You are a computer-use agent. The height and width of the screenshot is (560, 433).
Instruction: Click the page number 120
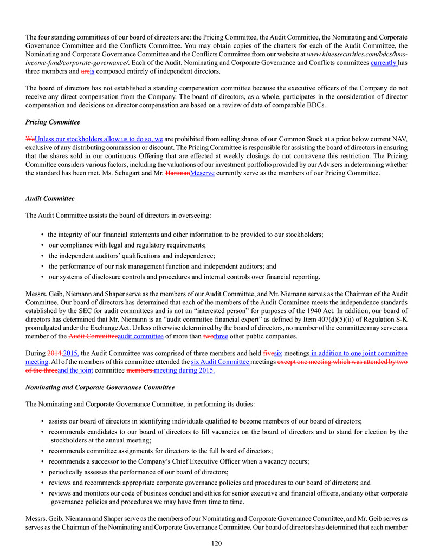(x=216, y=543)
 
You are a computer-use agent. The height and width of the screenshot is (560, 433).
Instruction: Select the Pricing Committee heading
(x=53, y=122)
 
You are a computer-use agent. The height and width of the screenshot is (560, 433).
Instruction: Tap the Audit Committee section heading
(x=50, y=199)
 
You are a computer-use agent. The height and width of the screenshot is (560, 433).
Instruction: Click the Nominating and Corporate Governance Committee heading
(x=100, y=387)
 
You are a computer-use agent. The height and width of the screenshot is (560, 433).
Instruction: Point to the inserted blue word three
(x=221, y=336)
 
